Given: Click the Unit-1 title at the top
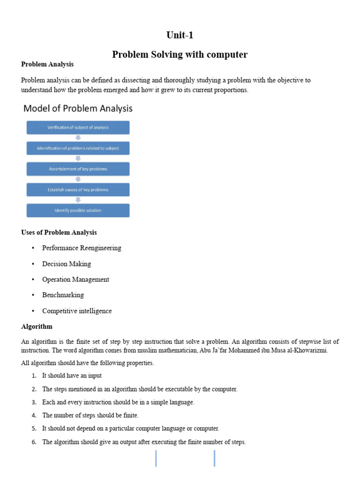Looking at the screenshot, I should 180,35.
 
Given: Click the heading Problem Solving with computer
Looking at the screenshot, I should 180,54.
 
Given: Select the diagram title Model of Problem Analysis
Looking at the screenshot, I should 78,108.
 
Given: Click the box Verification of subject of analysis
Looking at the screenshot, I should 78,127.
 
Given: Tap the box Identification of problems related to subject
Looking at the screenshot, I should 78,148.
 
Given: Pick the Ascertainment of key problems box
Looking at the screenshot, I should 78,169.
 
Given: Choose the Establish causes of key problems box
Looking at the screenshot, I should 78,189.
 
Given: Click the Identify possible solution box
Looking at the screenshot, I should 78,210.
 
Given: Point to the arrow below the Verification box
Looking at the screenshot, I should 78,138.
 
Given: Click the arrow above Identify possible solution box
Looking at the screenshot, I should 78,200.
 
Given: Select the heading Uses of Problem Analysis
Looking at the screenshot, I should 59,232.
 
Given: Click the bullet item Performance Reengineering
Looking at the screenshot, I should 82,248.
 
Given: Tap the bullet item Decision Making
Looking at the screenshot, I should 67,264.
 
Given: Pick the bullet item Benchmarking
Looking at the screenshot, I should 63,295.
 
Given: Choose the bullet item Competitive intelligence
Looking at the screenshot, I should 77,311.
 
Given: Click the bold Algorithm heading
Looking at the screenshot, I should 37,326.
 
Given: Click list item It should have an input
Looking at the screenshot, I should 72,375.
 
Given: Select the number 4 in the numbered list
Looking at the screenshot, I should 34,415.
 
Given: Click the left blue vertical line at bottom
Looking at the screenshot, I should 156,458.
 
